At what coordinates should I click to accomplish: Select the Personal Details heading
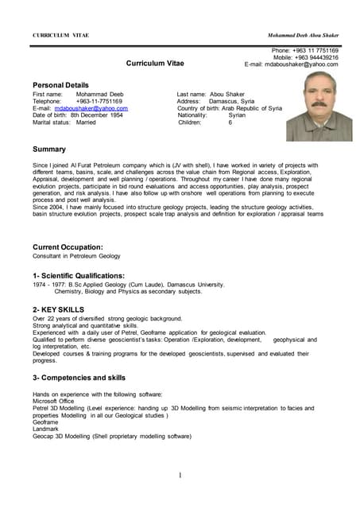(60, 84)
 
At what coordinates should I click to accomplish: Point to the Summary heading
(49, 149)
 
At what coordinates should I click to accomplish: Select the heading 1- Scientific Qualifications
(79, 275)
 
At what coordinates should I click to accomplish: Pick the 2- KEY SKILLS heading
(58, 309)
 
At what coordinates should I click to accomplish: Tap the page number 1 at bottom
(180, 476)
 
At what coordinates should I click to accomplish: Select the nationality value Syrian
(237, 115)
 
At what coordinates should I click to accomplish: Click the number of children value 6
(230, 122)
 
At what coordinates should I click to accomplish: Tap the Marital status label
(52, 122)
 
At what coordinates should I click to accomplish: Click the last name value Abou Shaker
(229, 94)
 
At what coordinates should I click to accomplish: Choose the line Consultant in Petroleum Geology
(77, 256)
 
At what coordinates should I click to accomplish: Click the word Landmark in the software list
(46, 429)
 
